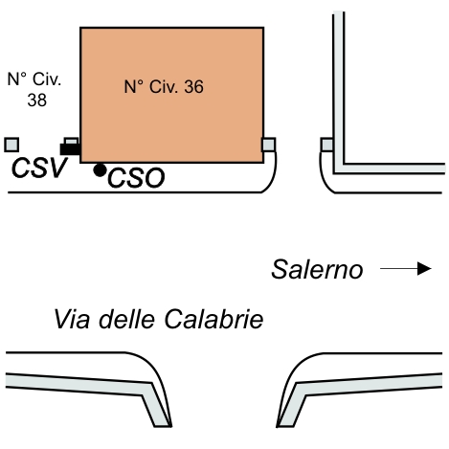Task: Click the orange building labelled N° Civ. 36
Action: [171, 95]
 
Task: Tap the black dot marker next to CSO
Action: [100, 170]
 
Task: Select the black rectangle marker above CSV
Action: [70, 149]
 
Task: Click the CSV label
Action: [39, 168]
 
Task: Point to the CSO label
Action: [136, 178]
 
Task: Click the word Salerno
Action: [317, 269]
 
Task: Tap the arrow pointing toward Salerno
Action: [406, 268]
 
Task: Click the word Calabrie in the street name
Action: [213, 319]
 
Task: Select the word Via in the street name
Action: [72, 319]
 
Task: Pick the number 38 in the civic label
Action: [37, 100]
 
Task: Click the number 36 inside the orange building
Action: [193, 86]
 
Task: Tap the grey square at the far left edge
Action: [11, 145]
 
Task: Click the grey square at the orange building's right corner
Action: [268, 145]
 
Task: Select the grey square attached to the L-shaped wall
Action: [326, 145]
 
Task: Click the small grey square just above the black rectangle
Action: [71, 141]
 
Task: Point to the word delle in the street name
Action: [126, 319]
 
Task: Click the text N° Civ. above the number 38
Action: [34, 79]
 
